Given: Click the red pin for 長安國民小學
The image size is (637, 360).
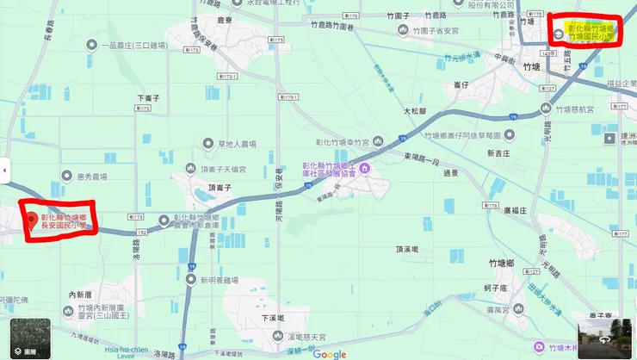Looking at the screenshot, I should coord(33,220).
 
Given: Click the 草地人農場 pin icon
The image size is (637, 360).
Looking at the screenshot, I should coord(207,143).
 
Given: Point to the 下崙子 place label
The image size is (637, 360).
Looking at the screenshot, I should coord(149,98).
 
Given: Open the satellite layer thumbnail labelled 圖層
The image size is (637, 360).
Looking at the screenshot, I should coord(30,338).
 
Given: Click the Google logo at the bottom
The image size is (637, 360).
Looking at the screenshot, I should coord(329,353).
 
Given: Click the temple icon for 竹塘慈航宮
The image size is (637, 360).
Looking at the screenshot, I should coord(544,109).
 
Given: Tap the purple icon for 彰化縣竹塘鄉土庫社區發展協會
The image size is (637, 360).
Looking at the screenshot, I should coord(365,167).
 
